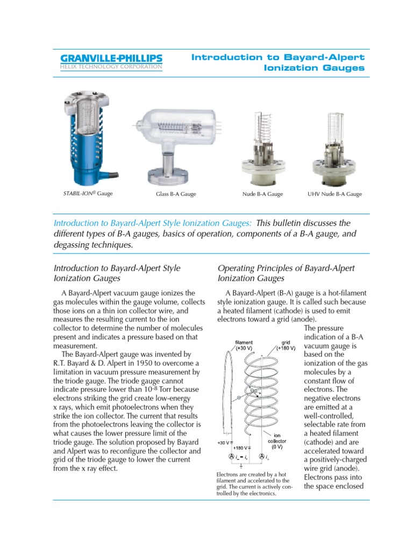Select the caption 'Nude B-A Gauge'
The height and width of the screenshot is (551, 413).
pyautogui.click(x=262, y=194)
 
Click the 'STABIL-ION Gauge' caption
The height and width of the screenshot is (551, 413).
pyautogui.click(x=84, y=194)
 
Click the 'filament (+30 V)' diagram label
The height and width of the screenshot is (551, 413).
pyautogui.click(x=247, y=345)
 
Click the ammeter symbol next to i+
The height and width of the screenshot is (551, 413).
pyautogui.click(x=262, y=457)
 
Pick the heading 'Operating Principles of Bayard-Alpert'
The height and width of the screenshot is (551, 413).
pyautogui.click(x=286, y=268)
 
